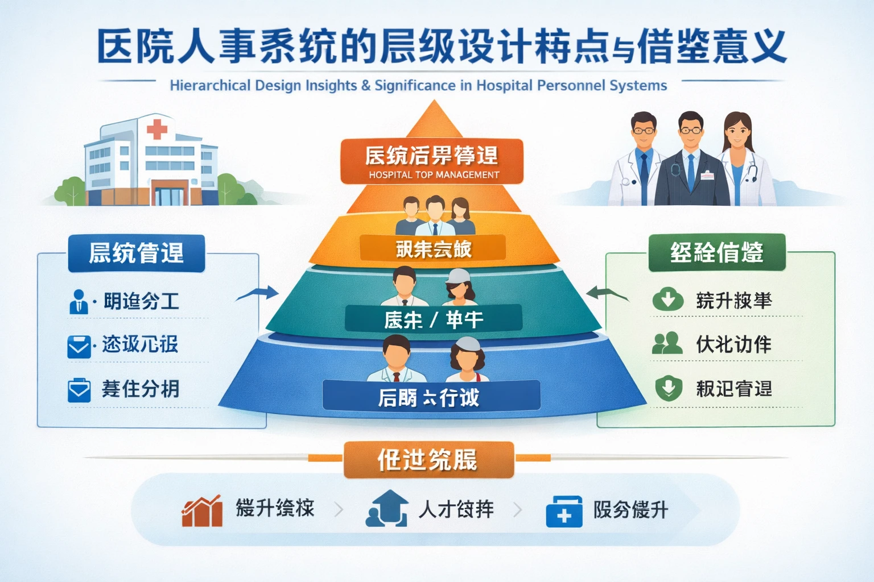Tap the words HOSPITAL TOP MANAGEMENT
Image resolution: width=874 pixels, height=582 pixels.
point(434,175)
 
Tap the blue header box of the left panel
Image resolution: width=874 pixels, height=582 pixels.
point(137,253)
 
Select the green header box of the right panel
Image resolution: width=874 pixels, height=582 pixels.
point(716,252)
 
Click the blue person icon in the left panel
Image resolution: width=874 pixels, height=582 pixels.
point(78,302)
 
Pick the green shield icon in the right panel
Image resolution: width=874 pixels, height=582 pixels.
point(668,389)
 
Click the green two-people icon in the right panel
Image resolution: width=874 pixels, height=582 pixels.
point(667,343)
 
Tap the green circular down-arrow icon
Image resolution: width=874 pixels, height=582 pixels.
point(668,300)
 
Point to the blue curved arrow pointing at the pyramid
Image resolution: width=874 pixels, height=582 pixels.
point(258,294)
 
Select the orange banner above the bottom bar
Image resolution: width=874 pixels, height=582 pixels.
point(428,460)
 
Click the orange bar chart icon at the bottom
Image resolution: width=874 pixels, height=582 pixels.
point(202,510)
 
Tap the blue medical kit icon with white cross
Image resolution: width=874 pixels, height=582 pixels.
point(564,512)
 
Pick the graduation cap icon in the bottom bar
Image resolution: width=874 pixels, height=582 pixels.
point(387,509)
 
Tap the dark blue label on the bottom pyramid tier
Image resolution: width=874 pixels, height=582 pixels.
point(431,396)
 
